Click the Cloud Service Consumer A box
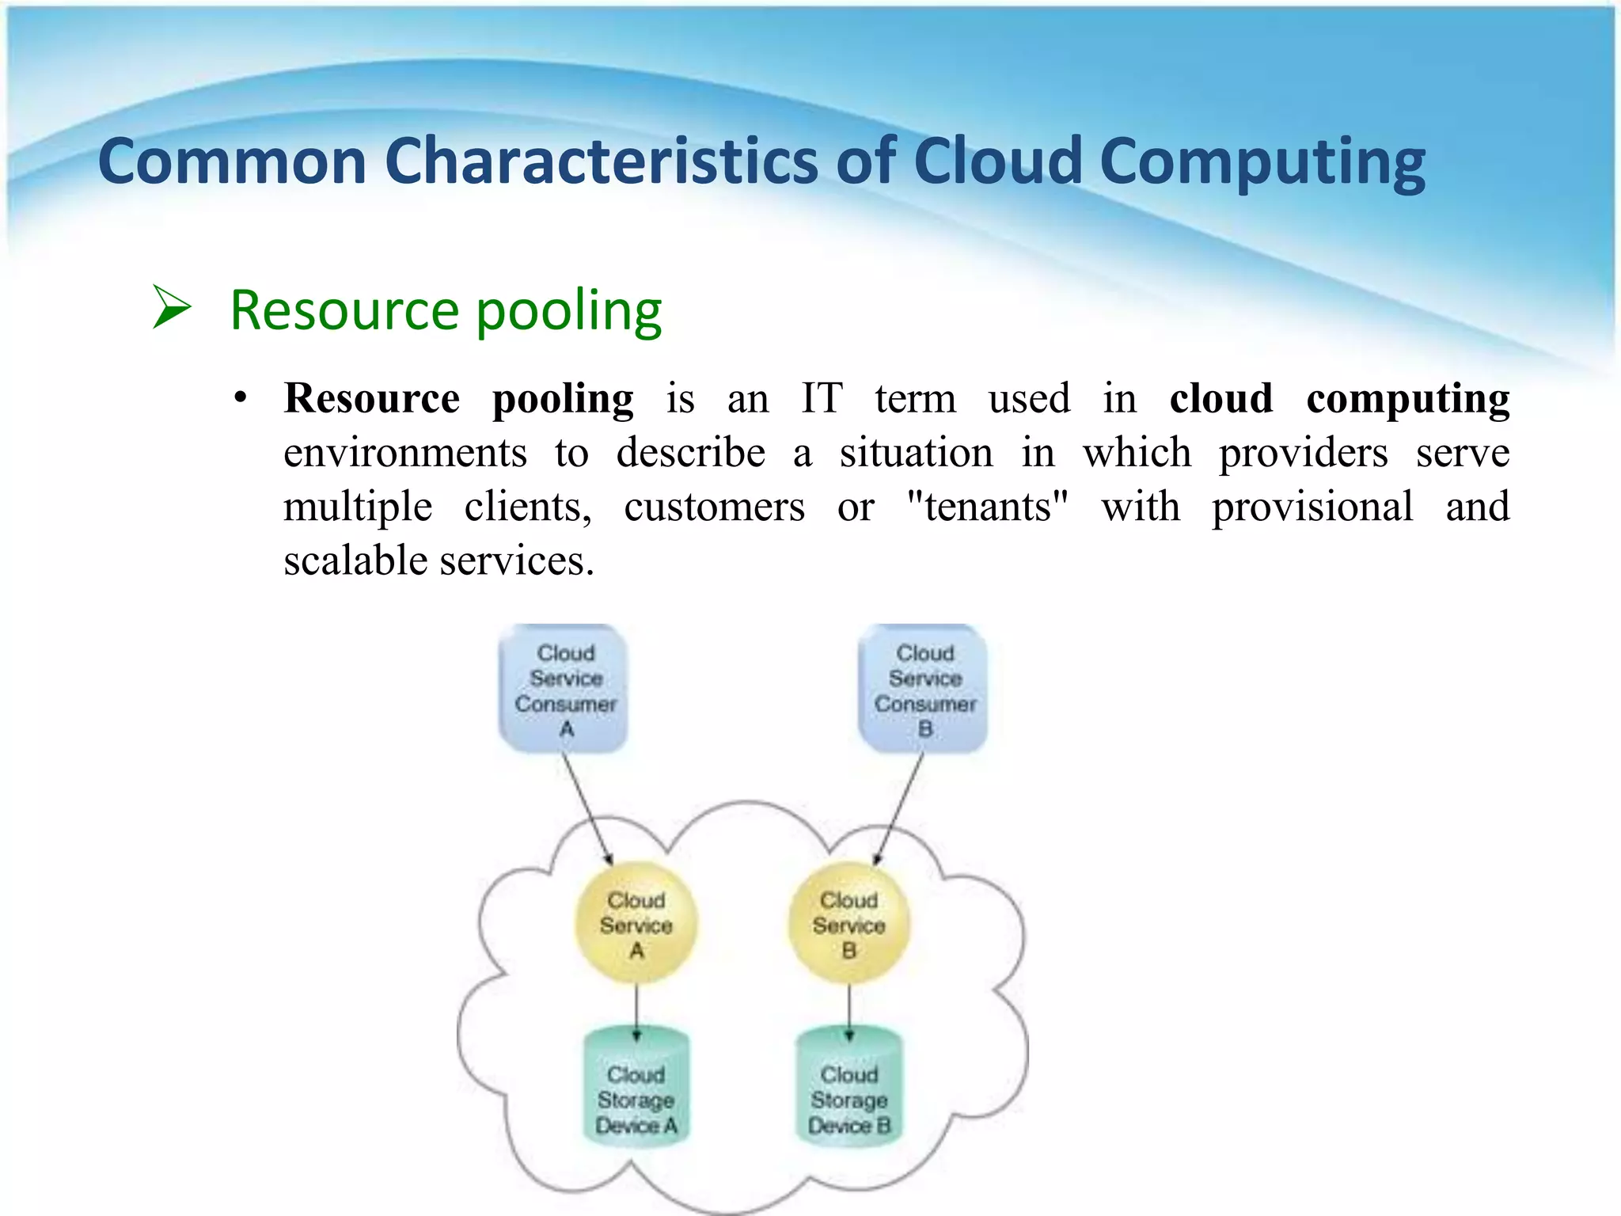564,688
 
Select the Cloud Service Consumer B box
923,688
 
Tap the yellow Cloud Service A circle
636,923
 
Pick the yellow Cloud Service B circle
848,923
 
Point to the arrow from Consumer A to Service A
587,807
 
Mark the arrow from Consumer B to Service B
899,807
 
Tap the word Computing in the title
1262,161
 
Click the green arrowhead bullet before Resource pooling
172,308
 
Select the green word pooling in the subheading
568,310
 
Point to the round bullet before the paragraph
241,398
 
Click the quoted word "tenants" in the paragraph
987,507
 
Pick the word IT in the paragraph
821,398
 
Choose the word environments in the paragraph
404,453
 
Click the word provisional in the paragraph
1312,507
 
